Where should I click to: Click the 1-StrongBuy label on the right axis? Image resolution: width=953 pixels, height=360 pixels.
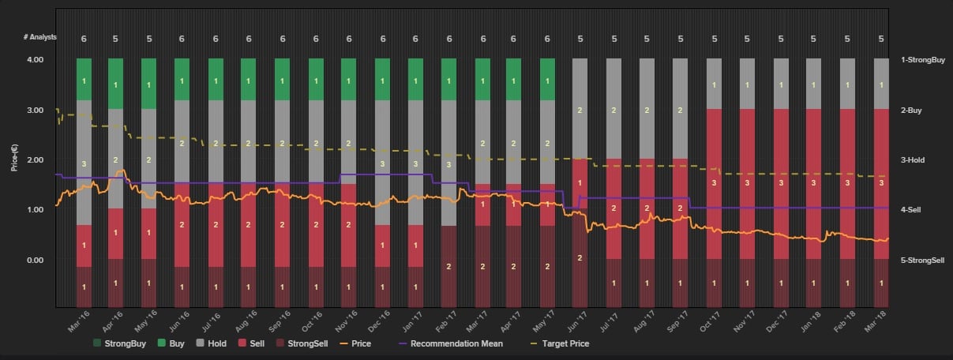click(922, 60)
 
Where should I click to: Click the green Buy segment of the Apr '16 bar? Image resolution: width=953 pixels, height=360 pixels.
click(116, 83)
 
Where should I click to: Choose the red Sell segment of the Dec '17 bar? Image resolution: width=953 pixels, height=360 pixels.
click(781, 183)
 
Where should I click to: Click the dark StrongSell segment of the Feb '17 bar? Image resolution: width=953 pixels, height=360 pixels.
click(449, 266)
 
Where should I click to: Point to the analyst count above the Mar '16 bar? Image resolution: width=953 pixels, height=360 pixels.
click(84, 39)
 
